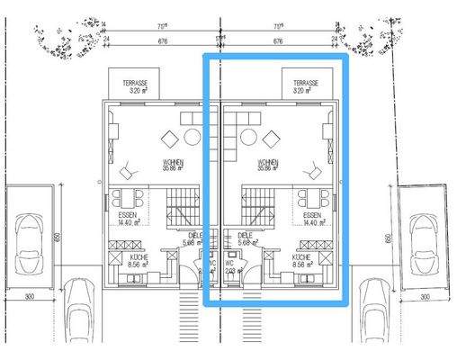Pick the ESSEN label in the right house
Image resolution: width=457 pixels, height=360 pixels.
point(312,220)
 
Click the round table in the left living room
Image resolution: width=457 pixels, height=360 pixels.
point(192,137)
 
